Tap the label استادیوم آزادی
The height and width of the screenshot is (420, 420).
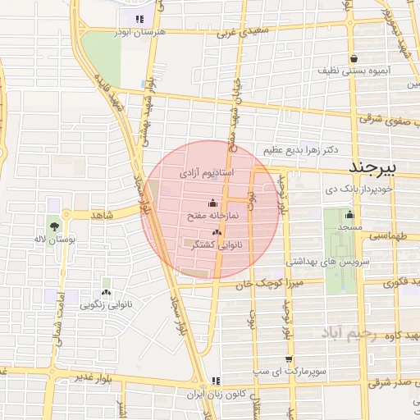207,174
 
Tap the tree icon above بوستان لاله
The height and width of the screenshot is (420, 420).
55,225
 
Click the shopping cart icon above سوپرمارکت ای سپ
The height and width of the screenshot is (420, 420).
289,359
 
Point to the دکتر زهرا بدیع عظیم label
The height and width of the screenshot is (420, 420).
301,151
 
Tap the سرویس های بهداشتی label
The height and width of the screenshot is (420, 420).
321,261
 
